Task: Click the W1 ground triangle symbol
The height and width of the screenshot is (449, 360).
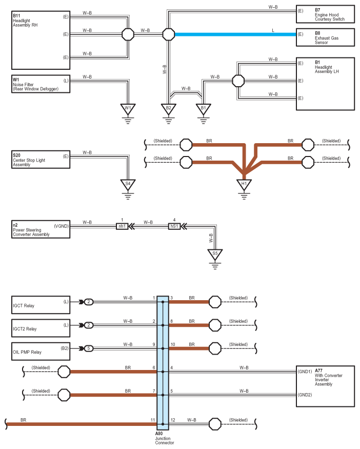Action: (x=128, y=109)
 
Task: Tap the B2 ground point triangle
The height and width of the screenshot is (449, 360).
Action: (x=169, y=109)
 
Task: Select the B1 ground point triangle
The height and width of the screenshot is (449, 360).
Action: (x=203, y=109)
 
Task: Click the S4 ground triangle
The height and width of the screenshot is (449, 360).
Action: (x=128, y=185)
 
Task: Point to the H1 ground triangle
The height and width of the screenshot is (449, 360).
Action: (x=244, y=185)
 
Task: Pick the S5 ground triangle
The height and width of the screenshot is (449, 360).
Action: (x=215, y=255)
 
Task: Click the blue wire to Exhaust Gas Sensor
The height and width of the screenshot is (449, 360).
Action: (x=235, y=34)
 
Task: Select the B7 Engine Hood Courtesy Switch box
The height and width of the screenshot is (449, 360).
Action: (x=325, y=14)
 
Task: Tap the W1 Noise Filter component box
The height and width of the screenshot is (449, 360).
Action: (x=41, y=84)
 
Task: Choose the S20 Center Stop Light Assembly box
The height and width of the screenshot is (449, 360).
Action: (x=41, y=160)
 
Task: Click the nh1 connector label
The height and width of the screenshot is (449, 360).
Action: (x=122, y=226)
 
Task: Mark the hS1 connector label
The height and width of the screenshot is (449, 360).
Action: (x=174, y=226)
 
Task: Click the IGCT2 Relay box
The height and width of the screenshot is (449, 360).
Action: (x=41, y=328)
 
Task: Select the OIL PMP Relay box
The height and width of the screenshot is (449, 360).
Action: (x=41, y=352)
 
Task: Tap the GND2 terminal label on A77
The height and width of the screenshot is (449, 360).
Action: (x=305, y=395)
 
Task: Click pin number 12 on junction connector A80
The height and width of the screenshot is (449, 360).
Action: (x=173, y=420)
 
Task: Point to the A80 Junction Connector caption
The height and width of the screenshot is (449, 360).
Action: (x=165, y=438)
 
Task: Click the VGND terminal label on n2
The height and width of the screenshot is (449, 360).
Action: (x=61, y=226)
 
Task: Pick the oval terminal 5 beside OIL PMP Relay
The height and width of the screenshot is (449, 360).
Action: (x=89, y=348)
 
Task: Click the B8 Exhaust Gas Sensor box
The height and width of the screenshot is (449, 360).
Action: (x=325, y=37)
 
